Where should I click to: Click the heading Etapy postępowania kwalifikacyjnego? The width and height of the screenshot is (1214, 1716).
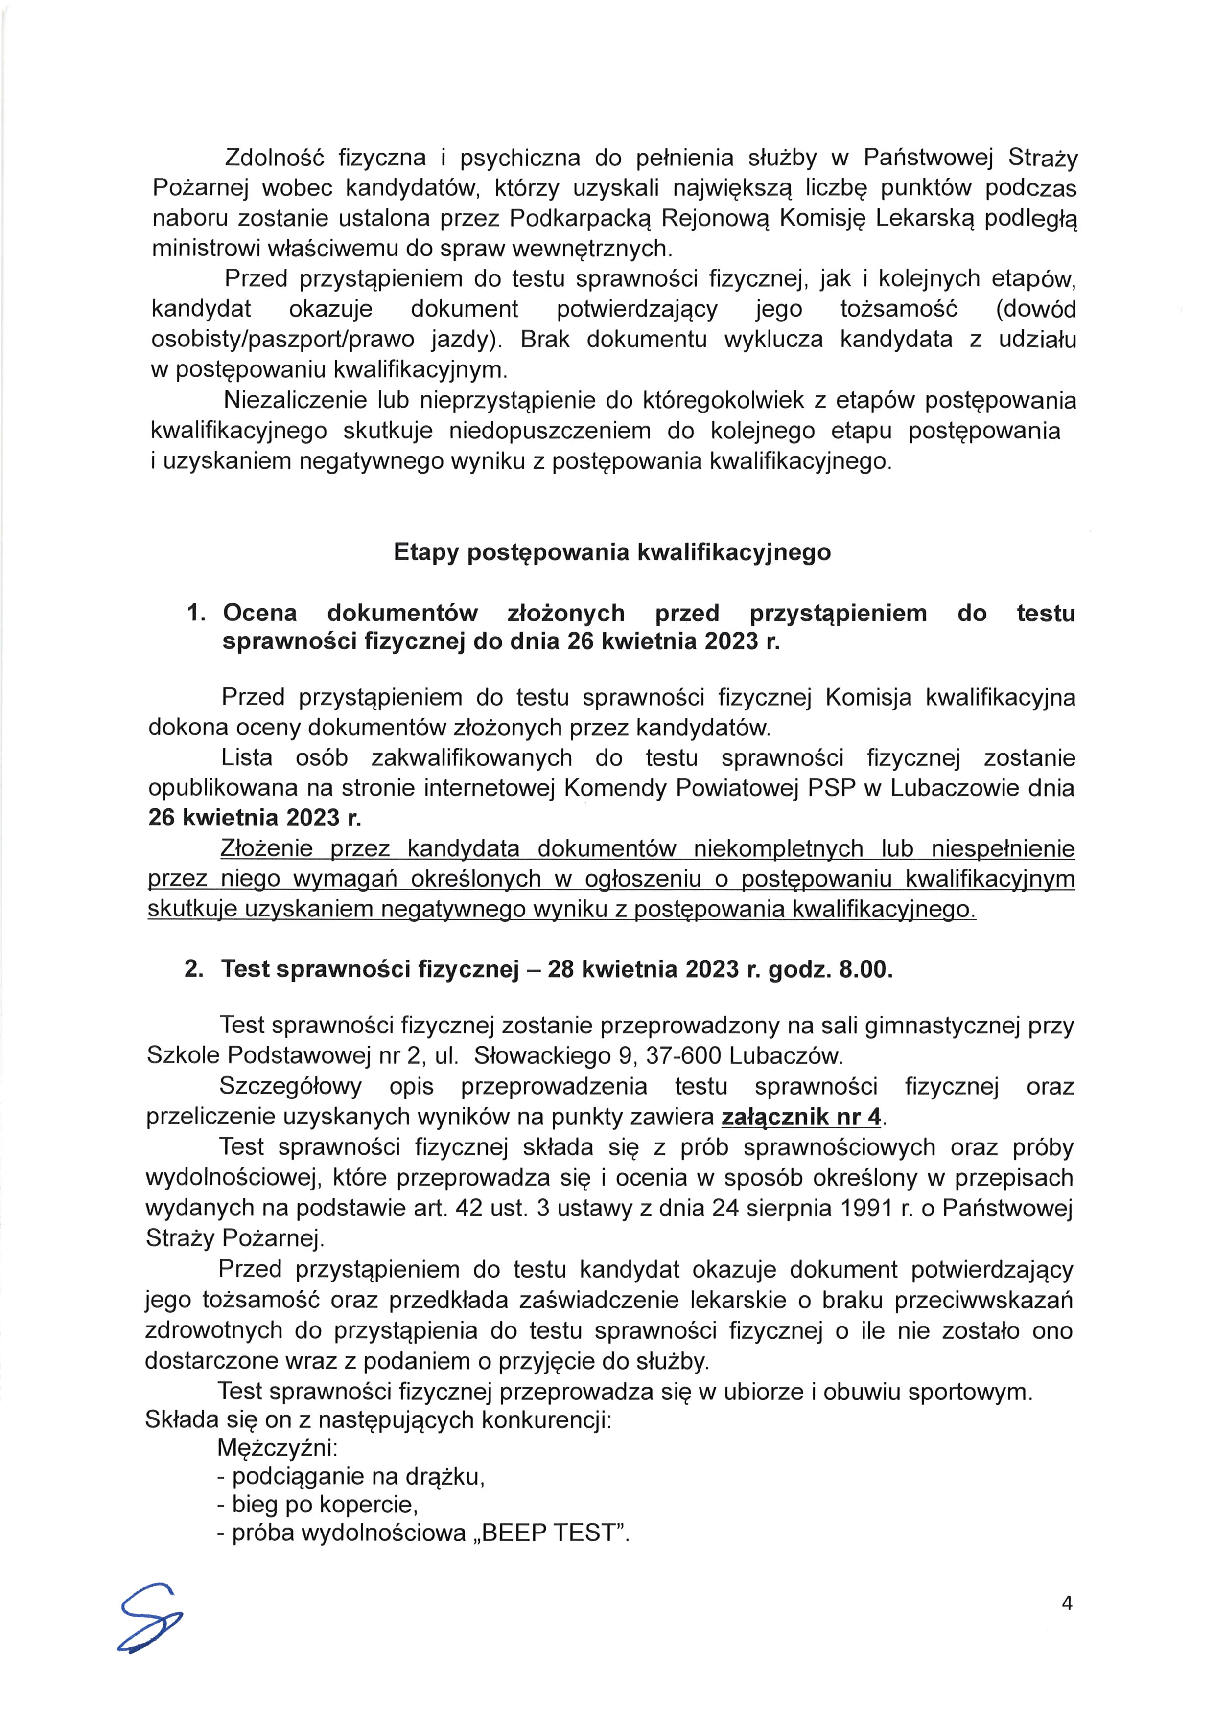point(611,552)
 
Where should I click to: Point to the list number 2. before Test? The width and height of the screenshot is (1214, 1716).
point(194,969)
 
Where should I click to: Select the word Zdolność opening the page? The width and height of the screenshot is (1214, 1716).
point(273,158)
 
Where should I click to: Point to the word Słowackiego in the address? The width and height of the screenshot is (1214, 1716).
point(537,1055)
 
